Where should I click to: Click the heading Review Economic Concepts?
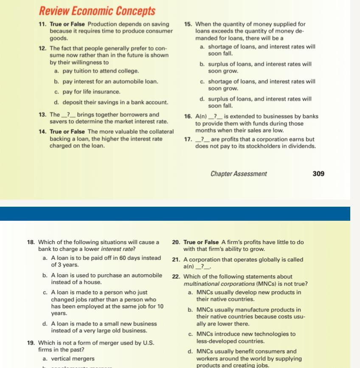click(97, 11)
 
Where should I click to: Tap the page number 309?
click(318, 174)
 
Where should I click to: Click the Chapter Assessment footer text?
click(239, 174)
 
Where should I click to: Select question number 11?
click(42, 24)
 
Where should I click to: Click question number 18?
click(31, 242)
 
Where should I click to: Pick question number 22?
click(176, 277)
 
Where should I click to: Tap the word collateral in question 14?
click(159, 132)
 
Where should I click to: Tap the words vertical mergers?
click(73, 359)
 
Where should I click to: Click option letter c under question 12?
click(56, 92)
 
